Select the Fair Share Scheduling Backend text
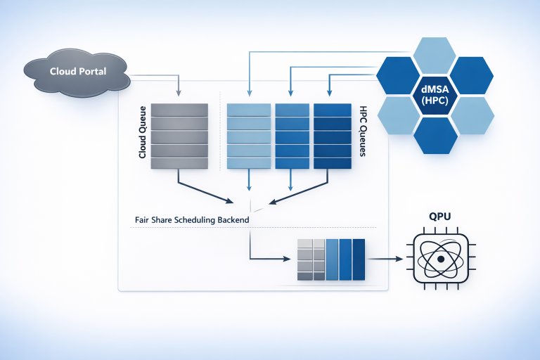click(191, 220)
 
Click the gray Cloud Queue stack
click(180, 136)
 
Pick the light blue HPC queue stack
click(249, 136)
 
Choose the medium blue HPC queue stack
click(290, 136)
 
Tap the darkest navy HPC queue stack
click(332, 136)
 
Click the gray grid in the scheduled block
click(311, 259)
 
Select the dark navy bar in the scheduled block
click(359, 259)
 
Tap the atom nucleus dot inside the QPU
click(439, 259)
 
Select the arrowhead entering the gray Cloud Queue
click(180, 93)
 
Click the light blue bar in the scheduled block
click(333, 259)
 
